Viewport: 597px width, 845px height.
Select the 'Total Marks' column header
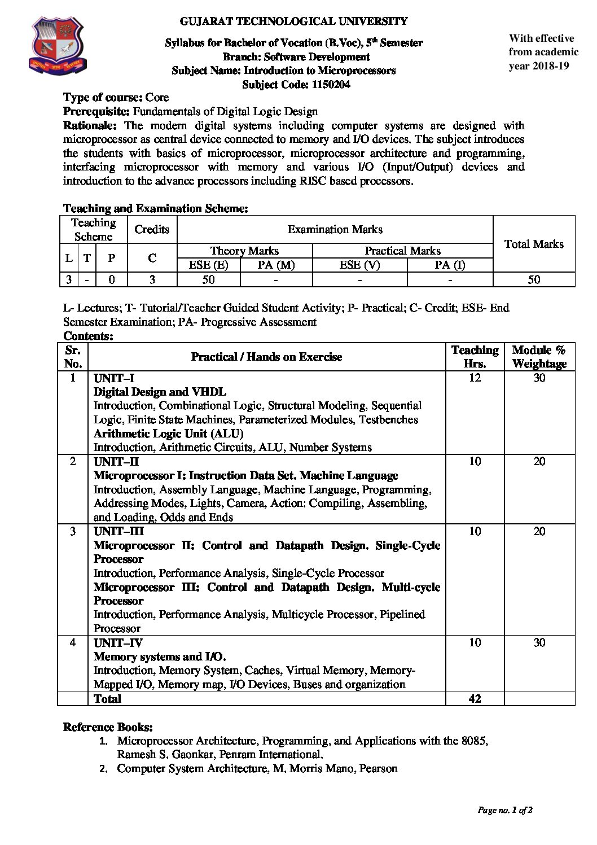pyautogui.click(x=533, y=244)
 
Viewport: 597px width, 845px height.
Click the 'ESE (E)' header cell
pyautogui.click(x=209, y=265)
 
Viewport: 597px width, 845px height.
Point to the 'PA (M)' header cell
pyautogui.click(x=276, y=265)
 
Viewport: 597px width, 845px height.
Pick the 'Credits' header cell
pyautogui.click(x=152, y=229)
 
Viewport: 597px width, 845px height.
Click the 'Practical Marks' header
pyautogui.click(x=402, y=251)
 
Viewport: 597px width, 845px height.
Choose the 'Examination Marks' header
pyautogui.click(x=335, y=229)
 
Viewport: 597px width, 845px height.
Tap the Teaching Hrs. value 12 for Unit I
pyautogui.click(x=475, y=378)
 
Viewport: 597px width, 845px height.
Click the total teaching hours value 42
pyautogui.click(x=475, y=699)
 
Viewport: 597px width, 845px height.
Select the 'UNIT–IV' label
pyautogui.click(x=118, y=643)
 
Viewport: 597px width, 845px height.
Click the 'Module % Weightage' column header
pyautogui.click(x=539, y=357)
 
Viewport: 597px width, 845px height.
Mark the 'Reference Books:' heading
pyautogui.click(x=108, y=726)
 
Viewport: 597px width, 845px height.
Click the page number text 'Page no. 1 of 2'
pyautogui.click(x=505, y=810)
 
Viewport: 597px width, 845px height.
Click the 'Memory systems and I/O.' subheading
pyautogui.click(x=160, y=656)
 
